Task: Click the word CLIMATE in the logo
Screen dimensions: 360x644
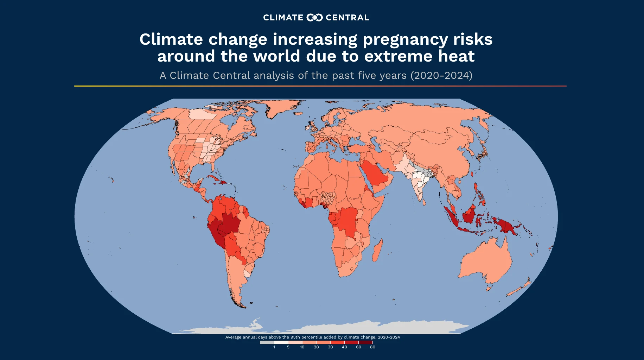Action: [x=283, y=18]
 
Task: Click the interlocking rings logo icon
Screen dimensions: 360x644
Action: [x=314, y=18]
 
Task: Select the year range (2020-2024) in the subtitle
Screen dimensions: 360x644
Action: [x=441, y=75]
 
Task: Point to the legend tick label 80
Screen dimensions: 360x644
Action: [x=372, y=347]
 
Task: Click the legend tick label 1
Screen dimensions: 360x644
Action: [x=274, y=347]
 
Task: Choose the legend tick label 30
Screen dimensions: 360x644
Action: [x=330, y=347]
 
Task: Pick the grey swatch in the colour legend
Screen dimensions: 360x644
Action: [x=267, y=342]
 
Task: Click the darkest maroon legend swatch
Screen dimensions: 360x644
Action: [x=365, y=342]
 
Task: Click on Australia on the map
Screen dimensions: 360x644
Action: [x=485, y=260]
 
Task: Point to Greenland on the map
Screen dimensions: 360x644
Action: [x=281, y=107]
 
